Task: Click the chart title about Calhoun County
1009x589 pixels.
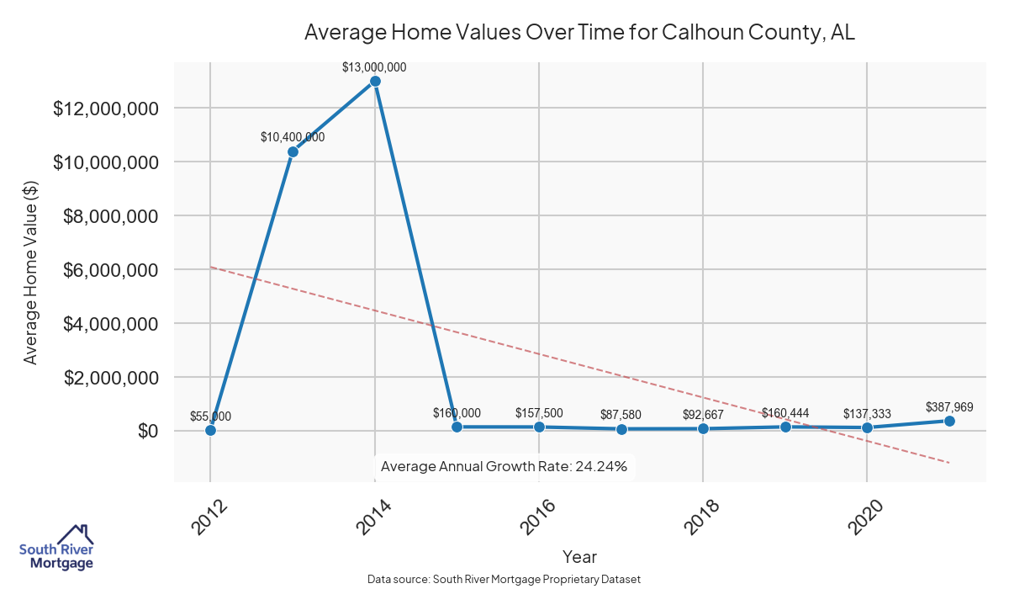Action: (579, 32)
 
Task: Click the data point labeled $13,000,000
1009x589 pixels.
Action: (375, 81)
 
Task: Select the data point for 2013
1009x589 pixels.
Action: (293, 151)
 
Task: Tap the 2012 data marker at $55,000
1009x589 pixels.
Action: (210, 430)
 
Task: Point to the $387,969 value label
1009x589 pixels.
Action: (949, 407)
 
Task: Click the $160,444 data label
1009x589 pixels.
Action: (785, 412)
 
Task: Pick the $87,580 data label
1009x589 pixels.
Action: (621, 415)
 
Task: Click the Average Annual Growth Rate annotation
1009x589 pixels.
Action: (504, 466)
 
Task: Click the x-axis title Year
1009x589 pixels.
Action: (579, 556)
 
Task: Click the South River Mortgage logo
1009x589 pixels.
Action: (56, 548)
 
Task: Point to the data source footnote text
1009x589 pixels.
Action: (504, 580)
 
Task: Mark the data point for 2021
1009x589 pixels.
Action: (949, 421)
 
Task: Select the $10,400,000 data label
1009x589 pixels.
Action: (293, 137)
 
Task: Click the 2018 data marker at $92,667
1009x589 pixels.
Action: (703, 428)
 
